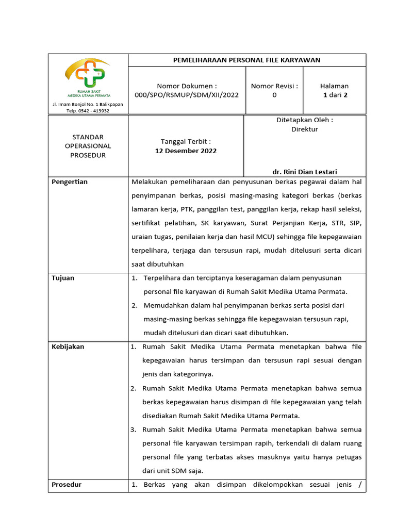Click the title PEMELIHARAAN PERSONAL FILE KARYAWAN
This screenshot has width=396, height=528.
246,60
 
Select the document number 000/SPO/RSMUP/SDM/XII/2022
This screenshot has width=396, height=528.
187,95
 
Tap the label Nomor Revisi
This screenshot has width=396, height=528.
274,86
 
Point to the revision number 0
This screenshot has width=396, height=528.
274,95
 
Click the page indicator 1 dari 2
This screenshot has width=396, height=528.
334,95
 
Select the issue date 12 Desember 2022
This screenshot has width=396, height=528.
186,151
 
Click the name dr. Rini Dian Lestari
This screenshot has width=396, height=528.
304,172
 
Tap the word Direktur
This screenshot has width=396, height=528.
304,129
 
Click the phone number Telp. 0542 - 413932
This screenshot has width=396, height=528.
88,110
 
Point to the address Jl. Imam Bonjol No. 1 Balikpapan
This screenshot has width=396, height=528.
88,104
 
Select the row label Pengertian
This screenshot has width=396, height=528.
70,182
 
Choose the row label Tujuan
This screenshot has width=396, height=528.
63,278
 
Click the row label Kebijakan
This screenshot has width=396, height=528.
68,347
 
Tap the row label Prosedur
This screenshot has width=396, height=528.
67,485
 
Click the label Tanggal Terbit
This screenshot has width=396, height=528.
186,141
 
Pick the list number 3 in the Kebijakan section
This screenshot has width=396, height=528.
133,430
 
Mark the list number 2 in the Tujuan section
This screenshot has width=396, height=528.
134,305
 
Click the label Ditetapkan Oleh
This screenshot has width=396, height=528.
304,120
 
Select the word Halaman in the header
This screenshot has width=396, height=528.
334,86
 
